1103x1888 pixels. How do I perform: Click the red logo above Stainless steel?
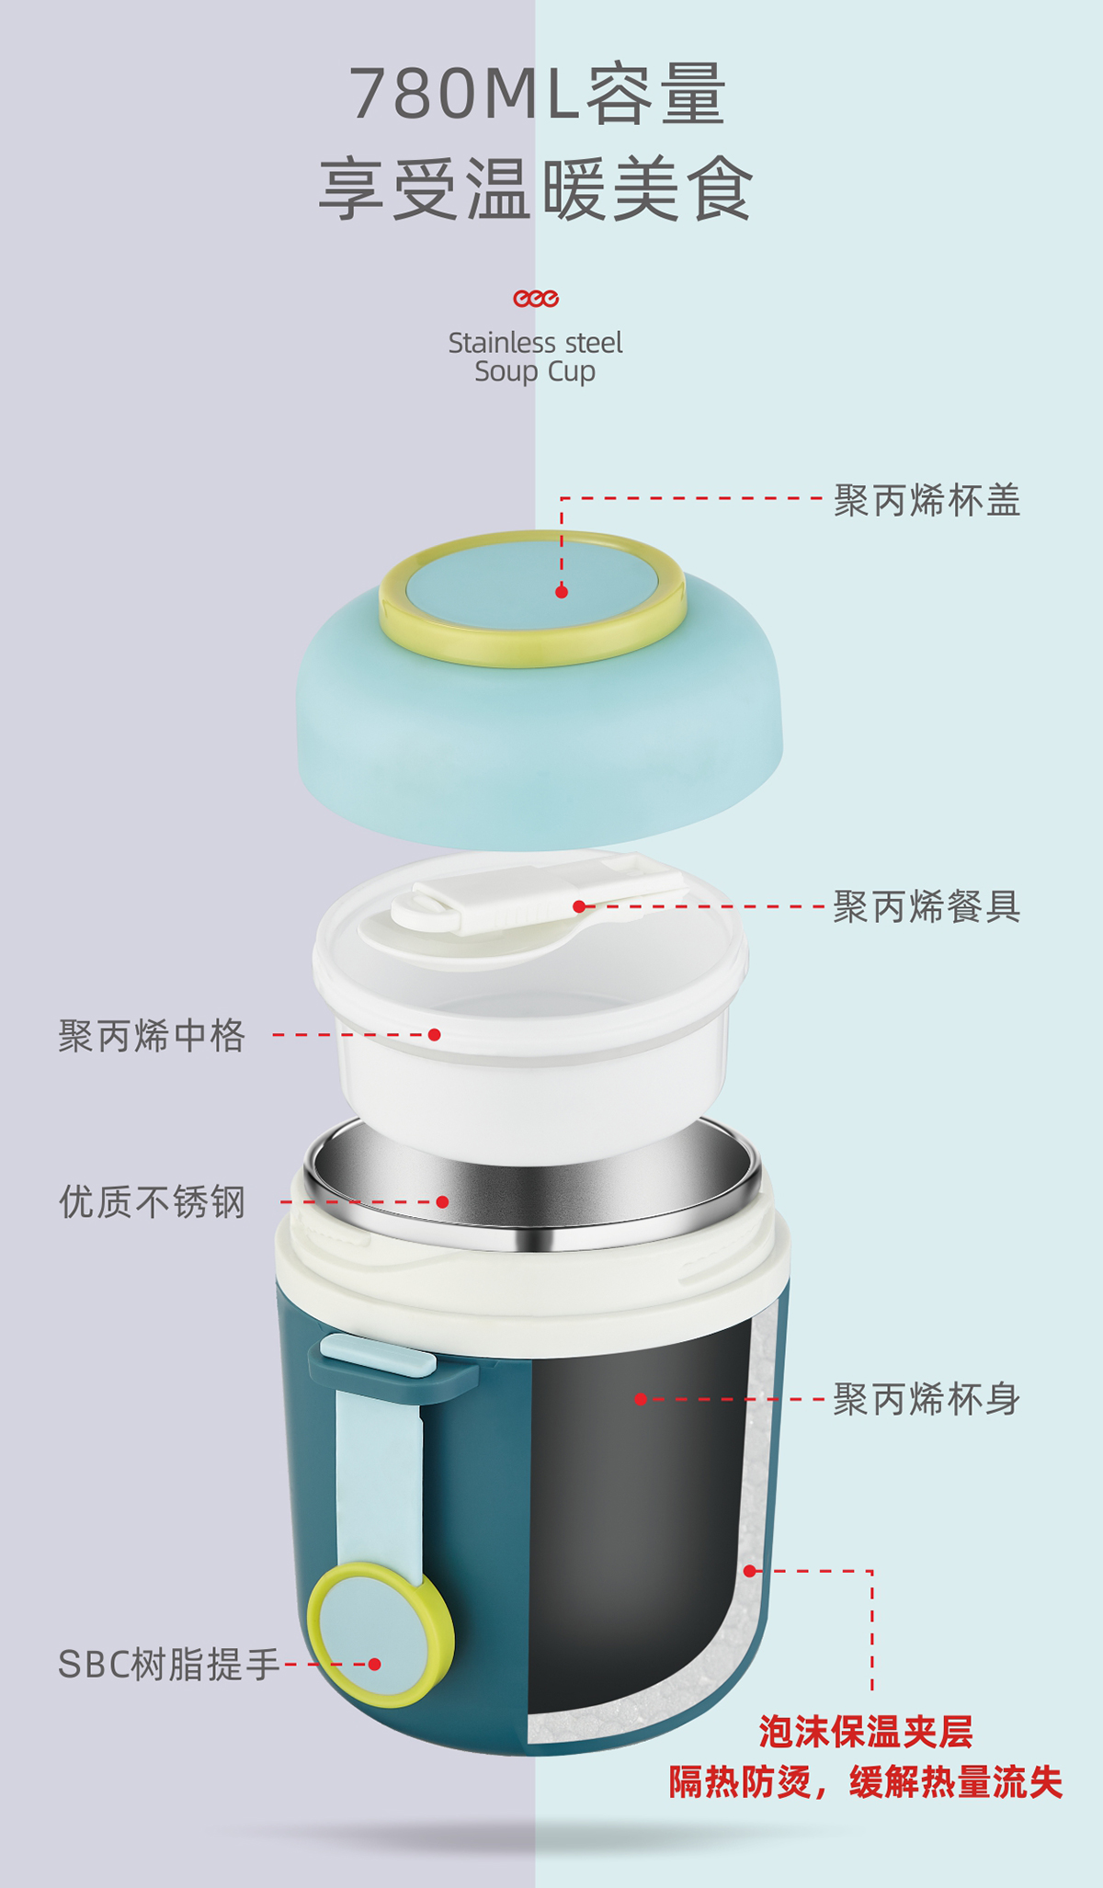coord(536,299)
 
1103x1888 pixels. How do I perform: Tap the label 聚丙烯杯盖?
coord(927,501)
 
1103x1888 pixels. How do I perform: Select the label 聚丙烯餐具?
coord(927,907)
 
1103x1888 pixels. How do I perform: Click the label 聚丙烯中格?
coord(152,1036)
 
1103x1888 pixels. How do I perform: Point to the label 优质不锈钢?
coord(152,1201)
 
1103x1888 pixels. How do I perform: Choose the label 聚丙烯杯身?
coord(927,1400)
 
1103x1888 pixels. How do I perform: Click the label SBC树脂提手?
coord(169,1665)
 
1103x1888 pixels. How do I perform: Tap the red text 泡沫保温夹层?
coord(865,1732)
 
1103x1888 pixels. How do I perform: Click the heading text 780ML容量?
coord(539,94)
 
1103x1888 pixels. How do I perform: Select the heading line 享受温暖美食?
coord(536,189)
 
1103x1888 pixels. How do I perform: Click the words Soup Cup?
coord(535,372)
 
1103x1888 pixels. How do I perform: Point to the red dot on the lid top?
coord(562,592)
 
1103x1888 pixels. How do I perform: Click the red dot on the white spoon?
coord(579,906)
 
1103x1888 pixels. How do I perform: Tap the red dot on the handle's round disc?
coord(374,1664)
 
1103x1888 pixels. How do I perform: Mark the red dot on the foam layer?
coord(750,1571)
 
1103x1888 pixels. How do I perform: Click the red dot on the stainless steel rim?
coord(442,1201)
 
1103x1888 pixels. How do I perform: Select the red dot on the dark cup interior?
coord(641,1399)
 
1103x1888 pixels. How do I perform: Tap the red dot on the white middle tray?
coord(435,1035)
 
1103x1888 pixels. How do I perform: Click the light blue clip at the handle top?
coord(379,1356)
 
